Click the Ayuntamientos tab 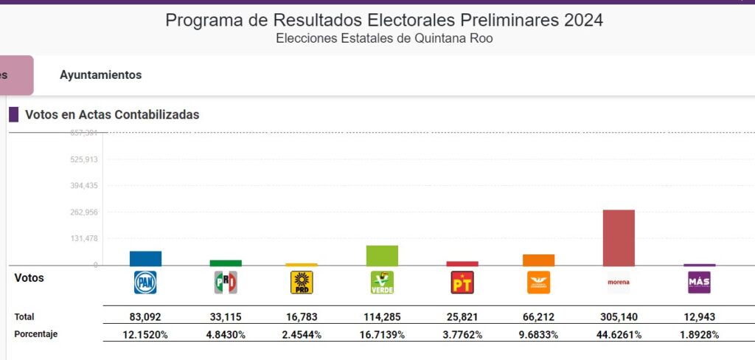pyautogui.click(x=100, y=75)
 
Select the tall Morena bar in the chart pyautogui.click(x=619, y=238)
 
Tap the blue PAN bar pyautogui.click(x=145, y=258)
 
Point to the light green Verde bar pyautogui.click(x=382, y=255)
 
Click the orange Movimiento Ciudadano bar pyautogui.click(x=539, y=260)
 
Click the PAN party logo pyautogui.click(x=145, y=283)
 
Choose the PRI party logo pyautogui.click(x=225, y=283)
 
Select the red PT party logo pyautogui.click(x=462, y=283)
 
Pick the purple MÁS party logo pyautogui.click(x=699, y=283)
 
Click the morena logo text pyautogui.click(x=619, y=283)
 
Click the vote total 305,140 pyautogui.click(x=619, y=317)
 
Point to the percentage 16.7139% pyautogui.click(x=382, y=334)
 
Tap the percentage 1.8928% pyautogui.click(x=699, y=334)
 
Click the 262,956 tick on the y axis pyautogui.click(x=83, y=212)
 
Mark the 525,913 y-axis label pyautogui.click(x=83, y=159)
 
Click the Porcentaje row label pyautogui.click(x=36, y=334)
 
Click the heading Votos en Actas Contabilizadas pyautogui.click(x=112, y=115)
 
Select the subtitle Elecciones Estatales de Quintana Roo pyautogui.click(x=384, y=38)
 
